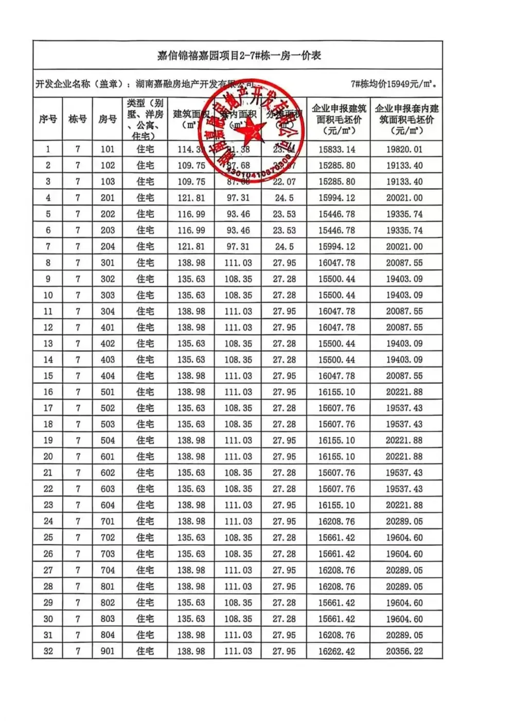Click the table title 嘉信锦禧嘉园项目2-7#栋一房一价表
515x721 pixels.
(238, 56)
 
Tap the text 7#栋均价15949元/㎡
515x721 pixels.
(394, 84)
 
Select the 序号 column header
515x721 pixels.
(48, 119)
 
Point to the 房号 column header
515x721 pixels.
(107, 119)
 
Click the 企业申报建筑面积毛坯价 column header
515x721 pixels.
(338, 119)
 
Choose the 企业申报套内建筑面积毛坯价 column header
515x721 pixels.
(406, 119)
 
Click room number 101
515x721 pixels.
(107, 149)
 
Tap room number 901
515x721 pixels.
(107, 651)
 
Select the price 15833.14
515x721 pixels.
(336, 149)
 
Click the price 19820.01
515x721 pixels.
(404, 149)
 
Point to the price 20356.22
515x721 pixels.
(404, 651)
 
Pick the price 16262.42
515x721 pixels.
(336, 651)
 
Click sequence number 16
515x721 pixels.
(48, 392)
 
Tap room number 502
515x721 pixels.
(107, 408)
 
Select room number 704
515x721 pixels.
(107, 570)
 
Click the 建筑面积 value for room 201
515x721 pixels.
(191, 198)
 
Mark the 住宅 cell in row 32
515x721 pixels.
(145, 651)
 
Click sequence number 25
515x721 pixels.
(48, 538)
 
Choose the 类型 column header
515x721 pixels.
(145, 119)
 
